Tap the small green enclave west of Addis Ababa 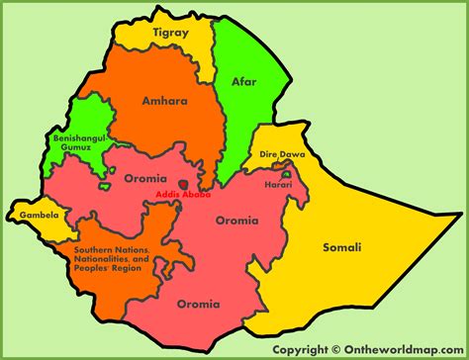coord(104,186)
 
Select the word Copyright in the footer coord(302,348)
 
